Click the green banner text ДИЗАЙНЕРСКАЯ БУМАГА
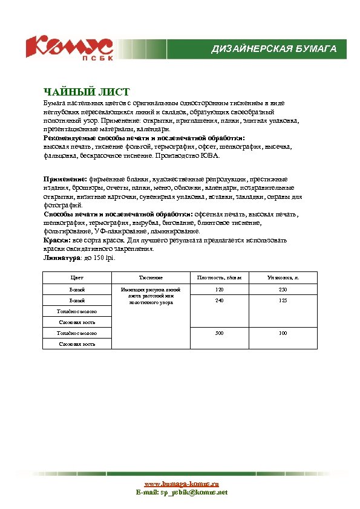point(273,48)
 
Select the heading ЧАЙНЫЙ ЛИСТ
point(87,92)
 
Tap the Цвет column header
point(77,277)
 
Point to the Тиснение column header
point(151,277)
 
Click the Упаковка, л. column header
point(283,277)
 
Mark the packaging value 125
point(283,300)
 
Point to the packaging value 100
point(283,333)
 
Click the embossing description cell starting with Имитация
point(151,296)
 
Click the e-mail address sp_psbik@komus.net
point(194,493)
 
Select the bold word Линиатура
point(61,258)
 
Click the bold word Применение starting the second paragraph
point(65,180)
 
